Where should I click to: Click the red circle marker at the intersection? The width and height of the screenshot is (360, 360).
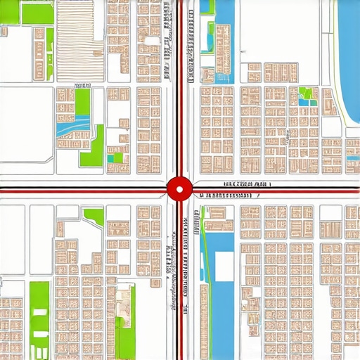179,188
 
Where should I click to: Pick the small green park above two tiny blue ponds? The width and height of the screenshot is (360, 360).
307,92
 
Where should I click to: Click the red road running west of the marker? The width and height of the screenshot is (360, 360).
84,188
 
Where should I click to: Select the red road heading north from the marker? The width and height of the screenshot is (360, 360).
179,84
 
